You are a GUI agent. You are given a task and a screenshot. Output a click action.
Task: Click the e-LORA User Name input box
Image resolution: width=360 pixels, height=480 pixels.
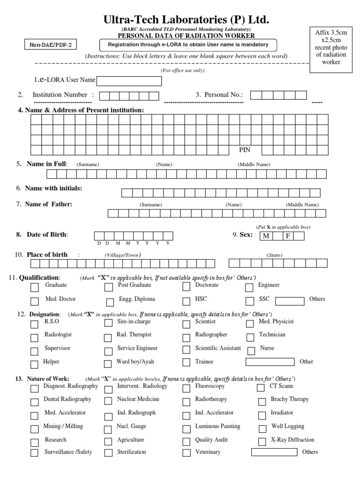[x=129, y=81]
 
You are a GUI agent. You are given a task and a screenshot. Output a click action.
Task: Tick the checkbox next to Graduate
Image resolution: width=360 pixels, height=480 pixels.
[x=34, y=287]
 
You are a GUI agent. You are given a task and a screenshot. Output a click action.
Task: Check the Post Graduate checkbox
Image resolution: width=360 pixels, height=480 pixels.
[x=109, y=287]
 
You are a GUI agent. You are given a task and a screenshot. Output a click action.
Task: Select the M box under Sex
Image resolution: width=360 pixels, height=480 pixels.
[x=266, y=236]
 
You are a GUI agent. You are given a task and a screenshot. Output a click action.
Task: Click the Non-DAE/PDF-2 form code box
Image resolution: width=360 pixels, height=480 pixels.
[x=51, y=45]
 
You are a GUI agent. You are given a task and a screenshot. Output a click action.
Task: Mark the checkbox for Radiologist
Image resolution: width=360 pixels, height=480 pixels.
[x=34, y=337]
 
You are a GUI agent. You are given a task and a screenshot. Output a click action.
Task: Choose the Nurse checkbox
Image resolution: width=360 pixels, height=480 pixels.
[x=251, y=350]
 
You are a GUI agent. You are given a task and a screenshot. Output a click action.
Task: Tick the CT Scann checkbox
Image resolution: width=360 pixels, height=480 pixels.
[x=261, y=388]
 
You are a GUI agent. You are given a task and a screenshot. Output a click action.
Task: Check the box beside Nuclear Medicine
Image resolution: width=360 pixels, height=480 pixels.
[x=108, y=401]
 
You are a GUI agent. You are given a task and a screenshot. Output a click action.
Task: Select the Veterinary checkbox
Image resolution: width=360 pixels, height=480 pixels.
[x=187, y=453]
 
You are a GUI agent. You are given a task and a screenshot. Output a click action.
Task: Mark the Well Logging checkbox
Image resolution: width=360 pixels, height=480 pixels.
[x=262, y=428]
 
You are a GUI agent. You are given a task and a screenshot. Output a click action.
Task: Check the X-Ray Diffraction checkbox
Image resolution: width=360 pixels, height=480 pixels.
[x=262, y=441]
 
